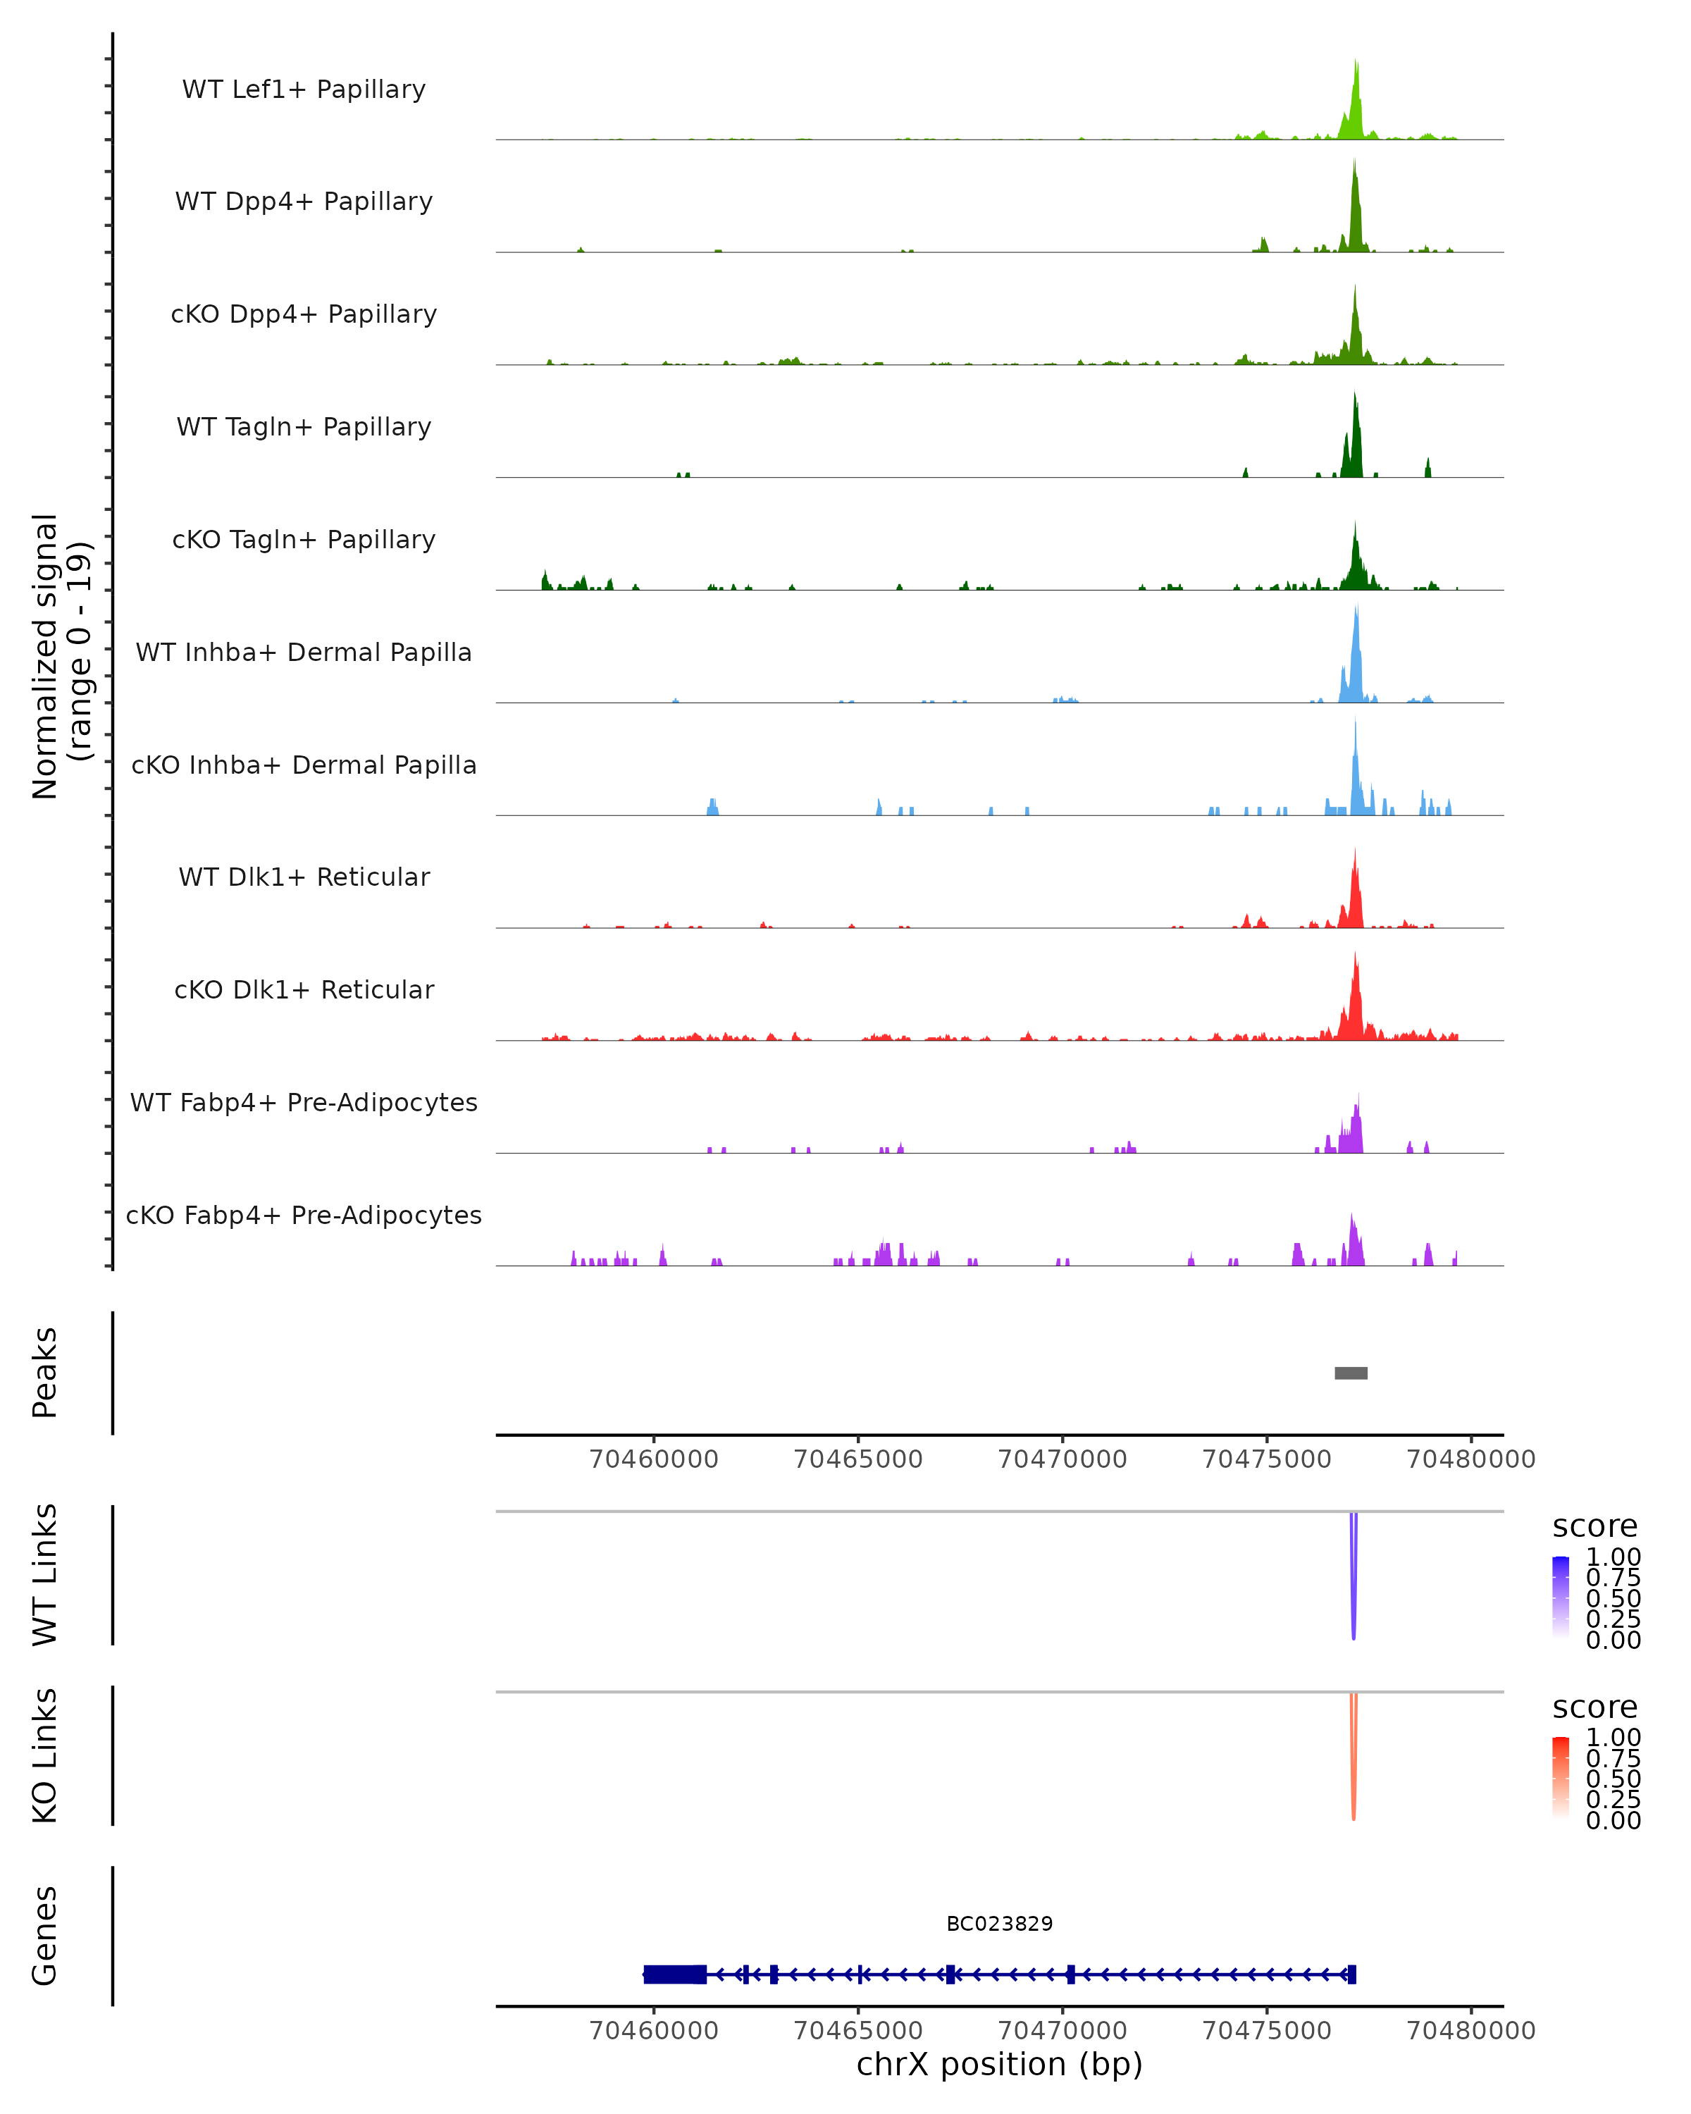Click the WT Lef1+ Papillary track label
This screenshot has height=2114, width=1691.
click(x=304, y=89)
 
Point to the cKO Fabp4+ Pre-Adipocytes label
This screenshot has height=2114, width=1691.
click(x=304, y=1215)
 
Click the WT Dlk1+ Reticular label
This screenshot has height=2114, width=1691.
click(x=304, y=877)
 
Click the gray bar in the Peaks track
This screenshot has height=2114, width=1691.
click(x=1351, y=1373)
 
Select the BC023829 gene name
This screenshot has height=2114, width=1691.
click(x=999, y=1924)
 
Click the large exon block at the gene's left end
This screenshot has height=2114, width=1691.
click(x=674, y=1974)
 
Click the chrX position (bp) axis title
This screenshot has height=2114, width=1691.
click(x=999, y=2064)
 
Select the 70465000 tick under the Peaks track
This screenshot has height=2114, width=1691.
click(x=857, y=1459)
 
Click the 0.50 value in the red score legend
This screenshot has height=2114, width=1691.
click(x=1613, y=1778)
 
